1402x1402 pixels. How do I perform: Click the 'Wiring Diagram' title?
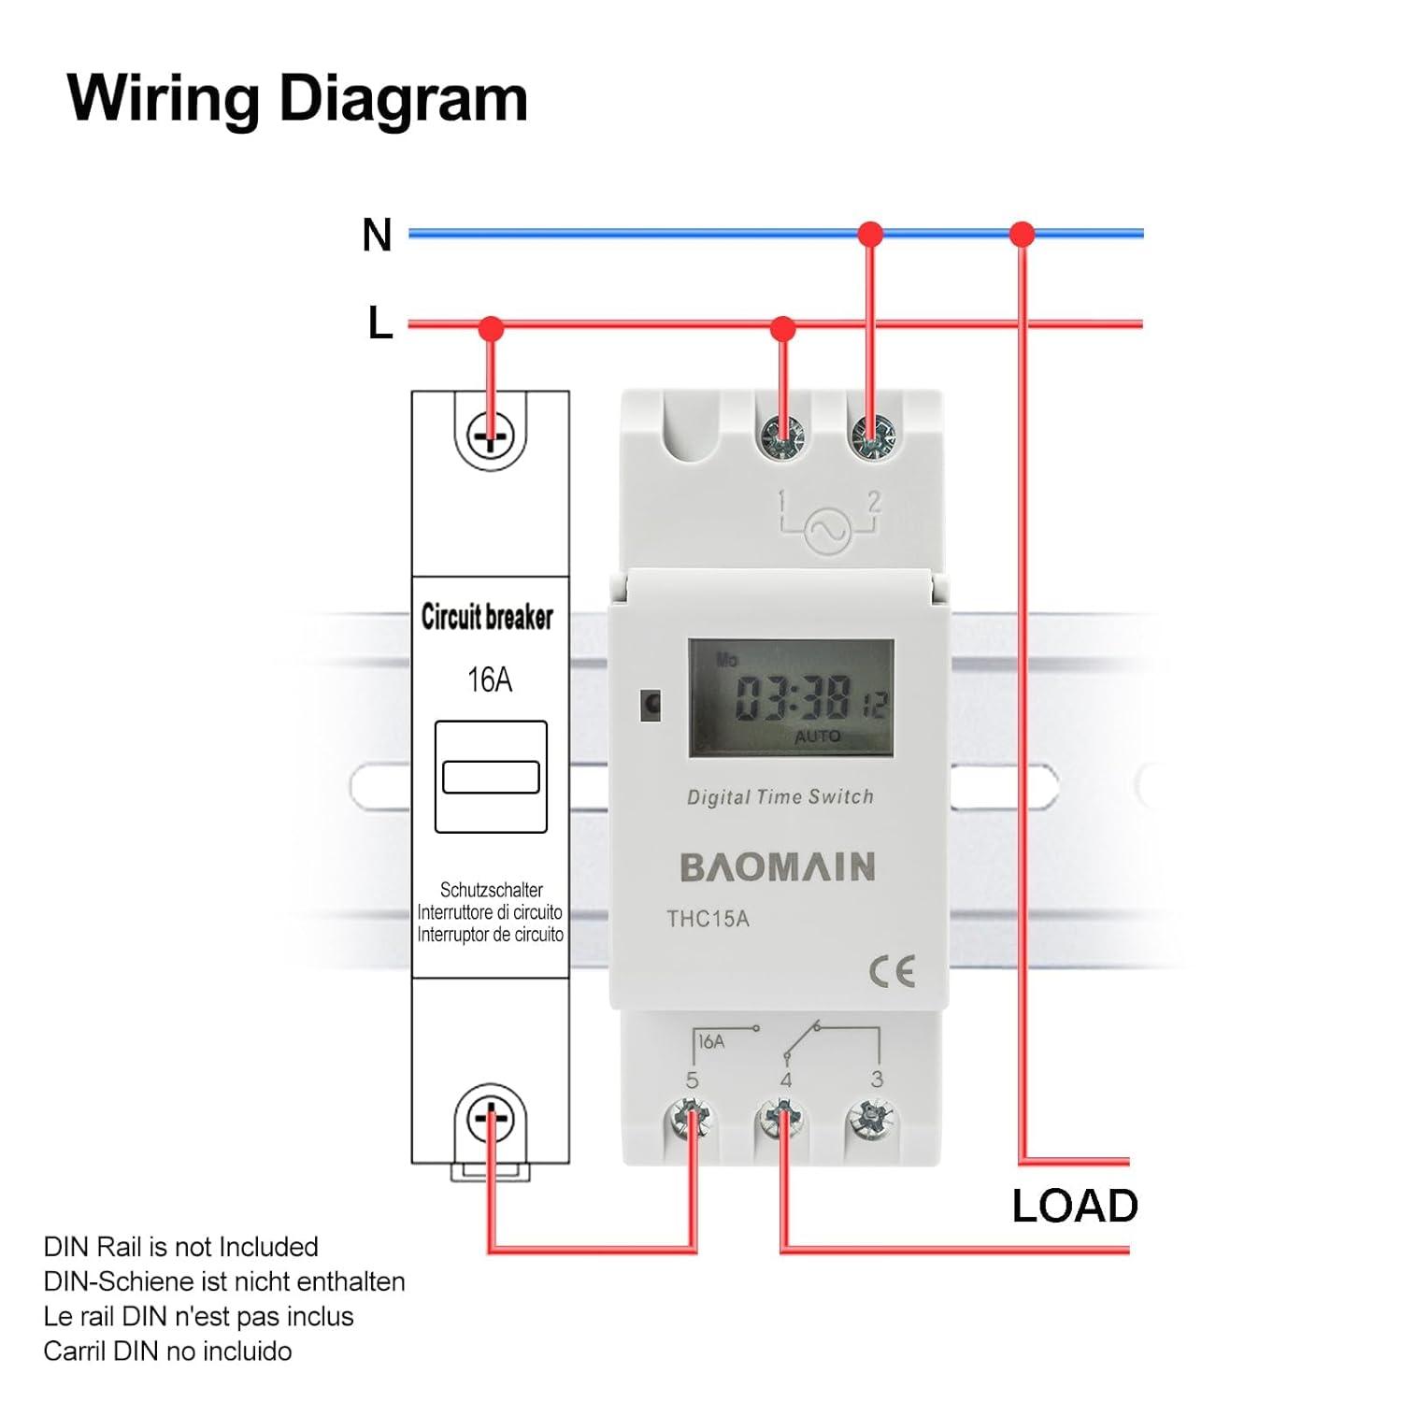pos(297,98)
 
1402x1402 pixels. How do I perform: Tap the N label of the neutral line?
pos(377,235)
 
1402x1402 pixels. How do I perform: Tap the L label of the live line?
pos(379,323)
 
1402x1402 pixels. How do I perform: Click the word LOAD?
pos(1075,1206)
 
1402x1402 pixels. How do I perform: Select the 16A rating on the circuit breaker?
pos(490,680)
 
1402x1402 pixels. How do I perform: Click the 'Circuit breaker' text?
pos(487,617)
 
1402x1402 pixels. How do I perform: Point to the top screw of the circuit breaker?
pos(491,436)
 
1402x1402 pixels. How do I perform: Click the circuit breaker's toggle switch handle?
pos(491,777)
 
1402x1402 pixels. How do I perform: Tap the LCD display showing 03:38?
pos(792,698)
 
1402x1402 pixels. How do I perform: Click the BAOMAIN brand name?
pos(778,867)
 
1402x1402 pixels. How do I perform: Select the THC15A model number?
pos(708,919)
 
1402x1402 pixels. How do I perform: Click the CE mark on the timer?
pos(892,972)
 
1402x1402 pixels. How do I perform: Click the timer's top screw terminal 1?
pos(782,436)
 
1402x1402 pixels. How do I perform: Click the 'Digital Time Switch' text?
pos(780,797)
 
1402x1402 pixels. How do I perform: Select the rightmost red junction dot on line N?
pos(1023,234)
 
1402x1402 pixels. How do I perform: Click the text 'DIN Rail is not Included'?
pos(180,1247)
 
